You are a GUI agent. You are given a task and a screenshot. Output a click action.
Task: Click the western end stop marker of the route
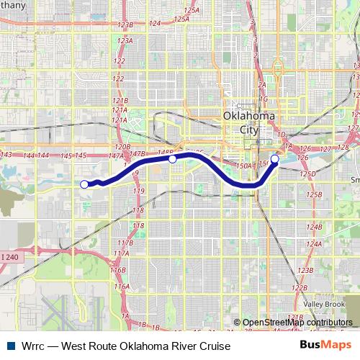(84, 184)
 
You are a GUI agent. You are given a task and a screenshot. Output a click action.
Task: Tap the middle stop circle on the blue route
(173, 159)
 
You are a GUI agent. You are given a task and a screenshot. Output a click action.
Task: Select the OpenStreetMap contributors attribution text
(297, 323)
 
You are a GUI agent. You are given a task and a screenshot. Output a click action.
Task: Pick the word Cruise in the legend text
(214, 346)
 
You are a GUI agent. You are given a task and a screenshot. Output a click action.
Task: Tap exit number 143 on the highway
(7, 155)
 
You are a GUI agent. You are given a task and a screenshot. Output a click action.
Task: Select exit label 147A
(115, 156)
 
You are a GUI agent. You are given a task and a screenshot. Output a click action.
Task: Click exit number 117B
(120, 244)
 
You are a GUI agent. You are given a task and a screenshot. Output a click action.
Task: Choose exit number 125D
(309, 174)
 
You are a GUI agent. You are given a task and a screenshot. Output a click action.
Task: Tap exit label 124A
(314, 243)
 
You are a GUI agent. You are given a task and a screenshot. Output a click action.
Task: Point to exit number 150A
(243, 166)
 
